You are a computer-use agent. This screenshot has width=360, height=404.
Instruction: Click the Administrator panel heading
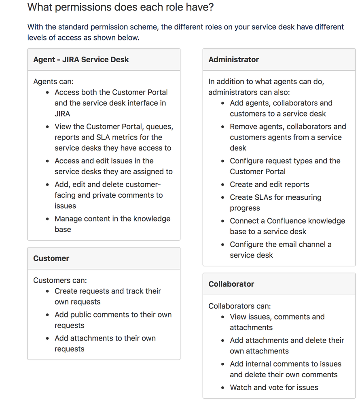pos(233,59)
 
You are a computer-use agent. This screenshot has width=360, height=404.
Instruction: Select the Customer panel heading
pos(51,258)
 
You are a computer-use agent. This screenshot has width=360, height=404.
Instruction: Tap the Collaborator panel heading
pos(231,284)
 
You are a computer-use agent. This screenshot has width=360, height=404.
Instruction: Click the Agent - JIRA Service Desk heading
pos(81,59)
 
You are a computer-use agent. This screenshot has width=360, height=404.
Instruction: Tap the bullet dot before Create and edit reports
pos(223,185)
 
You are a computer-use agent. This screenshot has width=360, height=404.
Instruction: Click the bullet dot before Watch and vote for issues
pos(223,388)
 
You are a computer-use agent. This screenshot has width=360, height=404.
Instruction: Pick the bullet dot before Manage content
pos(48,219)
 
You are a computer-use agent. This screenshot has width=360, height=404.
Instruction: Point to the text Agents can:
pos(53,81)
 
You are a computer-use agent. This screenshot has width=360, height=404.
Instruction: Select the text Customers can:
pos(60,280)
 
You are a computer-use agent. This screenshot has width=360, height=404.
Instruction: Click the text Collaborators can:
pos(239,306)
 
